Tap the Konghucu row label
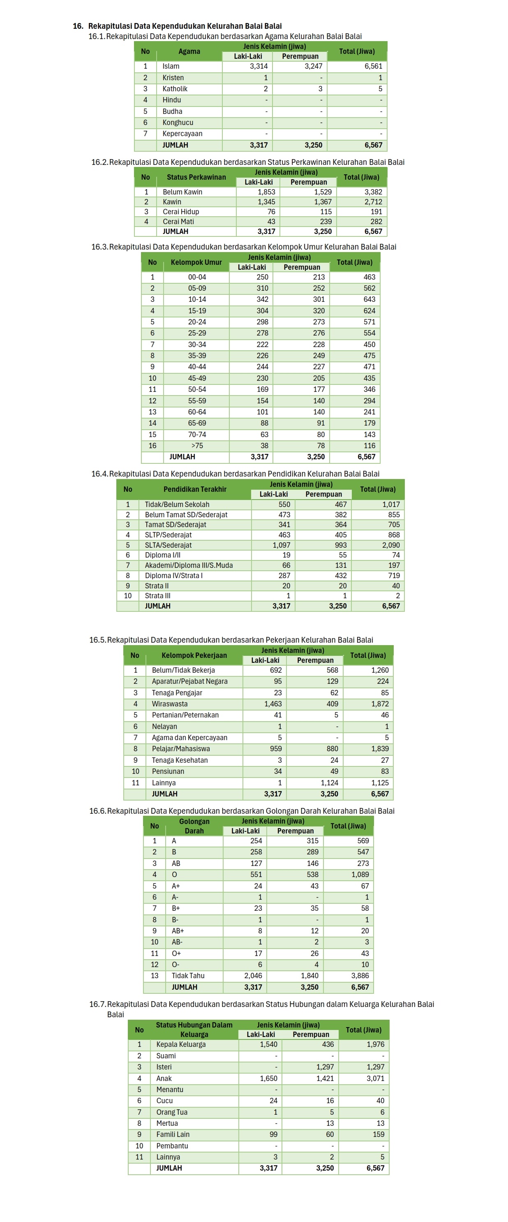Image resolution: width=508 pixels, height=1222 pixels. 178,123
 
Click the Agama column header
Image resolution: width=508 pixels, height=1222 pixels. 189,51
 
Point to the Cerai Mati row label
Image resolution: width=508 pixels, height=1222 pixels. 178,222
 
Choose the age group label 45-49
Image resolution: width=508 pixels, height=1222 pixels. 197,378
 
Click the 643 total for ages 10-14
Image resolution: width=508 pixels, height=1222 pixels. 369,299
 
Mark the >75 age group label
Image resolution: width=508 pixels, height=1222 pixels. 197,445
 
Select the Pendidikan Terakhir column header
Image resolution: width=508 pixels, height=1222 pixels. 195,489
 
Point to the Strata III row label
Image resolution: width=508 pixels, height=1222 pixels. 157,596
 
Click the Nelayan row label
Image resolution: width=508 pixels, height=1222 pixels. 164,726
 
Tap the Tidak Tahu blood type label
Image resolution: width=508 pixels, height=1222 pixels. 188,976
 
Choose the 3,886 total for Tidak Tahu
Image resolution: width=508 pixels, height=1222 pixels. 360,976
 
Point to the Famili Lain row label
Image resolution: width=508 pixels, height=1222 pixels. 173,1134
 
